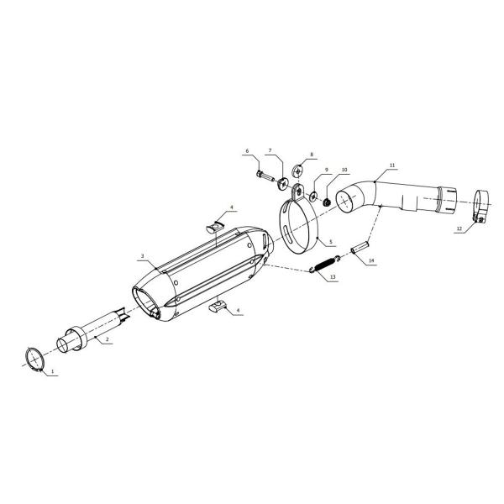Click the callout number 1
(53, 371)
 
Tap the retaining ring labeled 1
(34, 360)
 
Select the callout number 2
(108, 339)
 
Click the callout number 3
(143, 256)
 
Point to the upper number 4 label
(231, 207)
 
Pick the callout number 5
(331, 242)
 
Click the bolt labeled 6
(265, 176)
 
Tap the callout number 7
(270, 150)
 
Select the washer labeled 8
(298, 170)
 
